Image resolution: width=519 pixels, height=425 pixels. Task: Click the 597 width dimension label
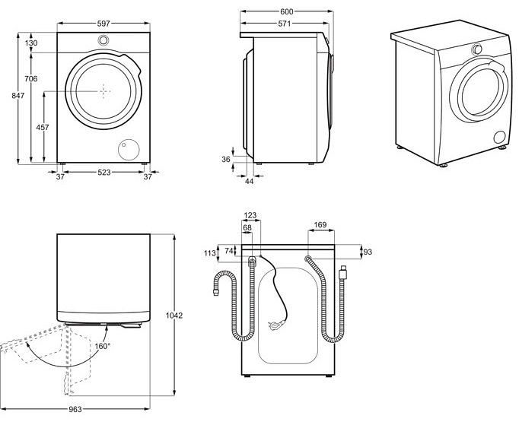pos(103,24)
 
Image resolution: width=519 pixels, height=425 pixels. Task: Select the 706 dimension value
pos(30,80)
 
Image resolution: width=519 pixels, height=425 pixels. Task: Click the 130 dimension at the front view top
pos(30,43)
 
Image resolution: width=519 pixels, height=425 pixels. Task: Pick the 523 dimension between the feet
pos(103,173)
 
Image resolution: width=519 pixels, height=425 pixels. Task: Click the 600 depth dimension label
pos(286,12)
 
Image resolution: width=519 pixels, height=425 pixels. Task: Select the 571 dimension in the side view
pos(285,24)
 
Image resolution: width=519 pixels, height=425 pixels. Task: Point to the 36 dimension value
pos(225,159)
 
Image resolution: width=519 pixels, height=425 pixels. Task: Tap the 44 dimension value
pos(249,181)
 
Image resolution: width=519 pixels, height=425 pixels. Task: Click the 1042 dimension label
pos(175,315)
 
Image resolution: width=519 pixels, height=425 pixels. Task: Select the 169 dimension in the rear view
pos(320,225)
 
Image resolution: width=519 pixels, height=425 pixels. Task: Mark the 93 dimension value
pos(368,252)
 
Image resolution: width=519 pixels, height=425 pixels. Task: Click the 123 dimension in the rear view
pos(250,215)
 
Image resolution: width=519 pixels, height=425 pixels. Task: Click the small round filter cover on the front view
pos(129,148)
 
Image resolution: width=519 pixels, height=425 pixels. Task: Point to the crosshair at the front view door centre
pos(103,90)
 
